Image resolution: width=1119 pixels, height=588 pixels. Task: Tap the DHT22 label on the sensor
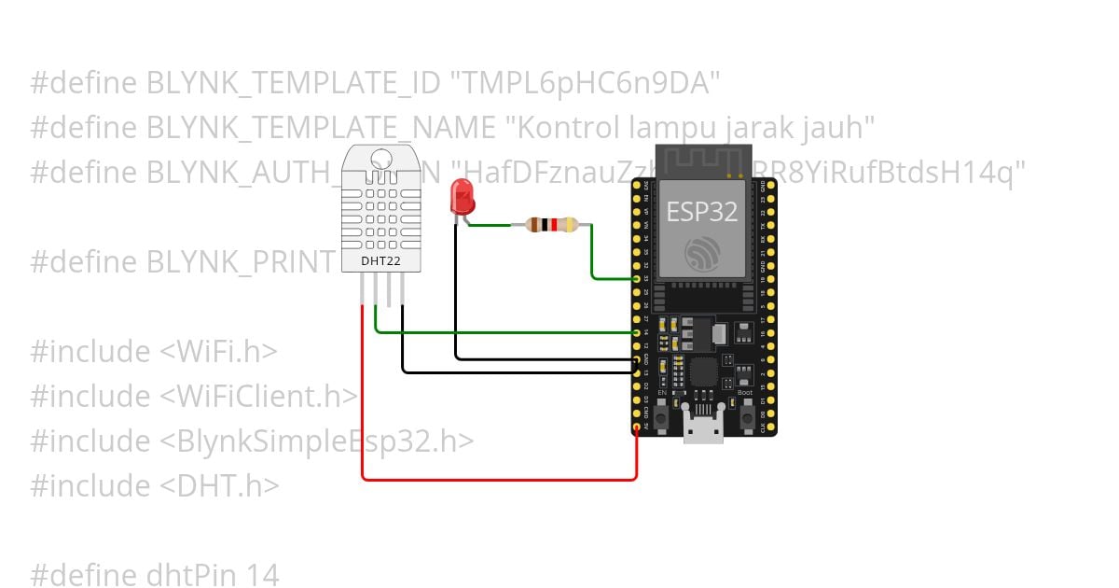pos(380,261)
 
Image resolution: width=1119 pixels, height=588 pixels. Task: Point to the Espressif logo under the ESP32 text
pos(702,252)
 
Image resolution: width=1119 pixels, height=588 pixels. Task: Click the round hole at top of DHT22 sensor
pos(381,159)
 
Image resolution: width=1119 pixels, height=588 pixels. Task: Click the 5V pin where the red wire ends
pos(637,428)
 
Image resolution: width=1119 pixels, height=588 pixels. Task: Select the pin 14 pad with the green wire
pos(637,332)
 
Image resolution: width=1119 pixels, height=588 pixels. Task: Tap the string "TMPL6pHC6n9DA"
pos(586,83)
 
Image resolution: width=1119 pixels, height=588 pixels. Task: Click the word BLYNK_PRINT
pos(239,262)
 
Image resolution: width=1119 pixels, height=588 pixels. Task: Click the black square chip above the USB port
pos(704,375)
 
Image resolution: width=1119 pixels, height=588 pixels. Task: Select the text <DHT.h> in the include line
pos(219,486)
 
